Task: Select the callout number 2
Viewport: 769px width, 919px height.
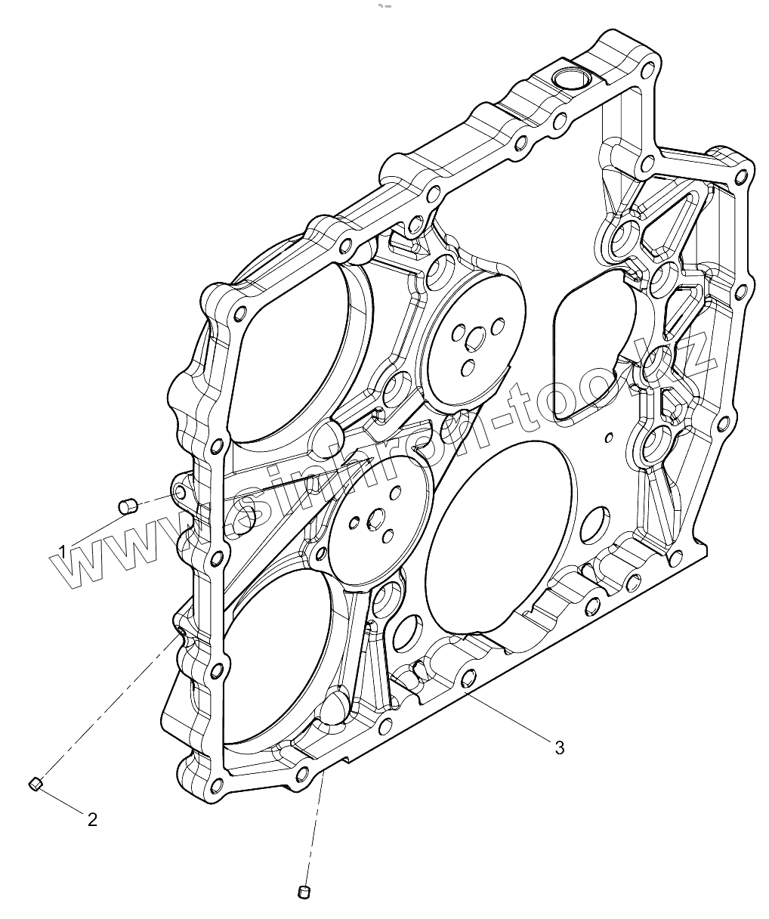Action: pyautogui.click(x=92, y=819)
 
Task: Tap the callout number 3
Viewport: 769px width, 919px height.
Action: pyautogui.click(x=559, y=747)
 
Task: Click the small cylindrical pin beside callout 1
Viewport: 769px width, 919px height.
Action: pyautogui.click(x=128, y=504)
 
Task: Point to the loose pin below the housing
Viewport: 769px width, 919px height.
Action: pyautogui.click(x=304, y=892)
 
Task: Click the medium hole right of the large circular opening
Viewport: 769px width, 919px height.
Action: pyautogui.click(x=596, y=521)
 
